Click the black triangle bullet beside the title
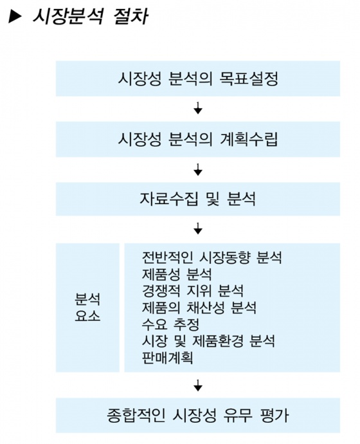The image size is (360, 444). pos(15,17)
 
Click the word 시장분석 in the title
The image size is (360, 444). pos(67,16)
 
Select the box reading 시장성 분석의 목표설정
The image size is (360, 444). pos(197,79)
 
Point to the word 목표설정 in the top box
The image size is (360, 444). pos(249,79)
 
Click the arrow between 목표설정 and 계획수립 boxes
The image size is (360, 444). pos(198,108)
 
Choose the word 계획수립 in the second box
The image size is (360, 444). pos(249,140)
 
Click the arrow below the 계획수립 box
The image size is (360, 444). pos(198,169)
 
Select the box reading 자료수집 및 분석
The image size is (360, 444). pos(197,199)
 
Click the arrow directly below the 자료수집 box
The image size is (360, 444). pos(198,228)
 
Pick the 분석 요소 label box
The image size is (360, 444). pos(87,308)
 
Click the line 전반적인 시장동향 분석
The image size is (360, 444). pos(212,257)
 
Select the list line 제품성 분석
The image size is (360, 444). pos(177,274)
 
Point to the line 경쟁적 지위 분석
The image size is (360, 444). pos(193,291)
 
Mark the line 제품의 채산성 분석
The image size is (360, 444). pos(199,308)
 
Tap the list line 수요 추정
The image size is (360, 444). pos(170,324)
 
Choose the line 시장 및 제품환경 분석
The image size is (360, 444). pos(208,341)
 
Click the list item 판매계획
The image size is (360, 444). pos(167,358)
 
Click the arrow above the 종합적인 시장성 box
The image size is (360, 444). pos(198,385)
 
